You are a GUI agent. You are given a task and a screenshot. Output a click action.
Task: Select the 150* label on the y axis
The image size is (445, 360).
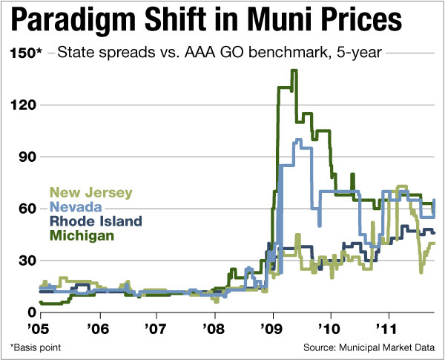pyautogui.click(x=24, y=53)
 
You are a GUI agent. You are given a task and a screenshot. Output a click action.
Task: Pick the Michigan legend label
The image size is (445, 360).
pyautogui.click(x=82, y=235)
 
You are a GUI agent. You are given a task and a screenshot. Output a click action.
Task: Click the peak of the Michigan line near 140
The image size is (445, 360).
pyautogui.click(x=294, y=71)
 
